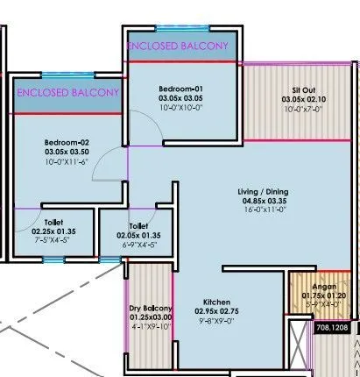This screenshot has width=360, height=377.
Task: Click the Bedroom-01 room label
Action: (180, 89)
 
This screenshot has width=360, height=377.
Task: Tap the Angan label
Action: (312, 286)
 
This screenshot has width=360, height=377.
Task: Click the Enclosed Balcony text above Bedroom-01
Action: (178, 45)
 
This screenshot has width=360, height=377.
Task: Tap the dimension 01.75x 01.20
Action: (312, 295)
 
